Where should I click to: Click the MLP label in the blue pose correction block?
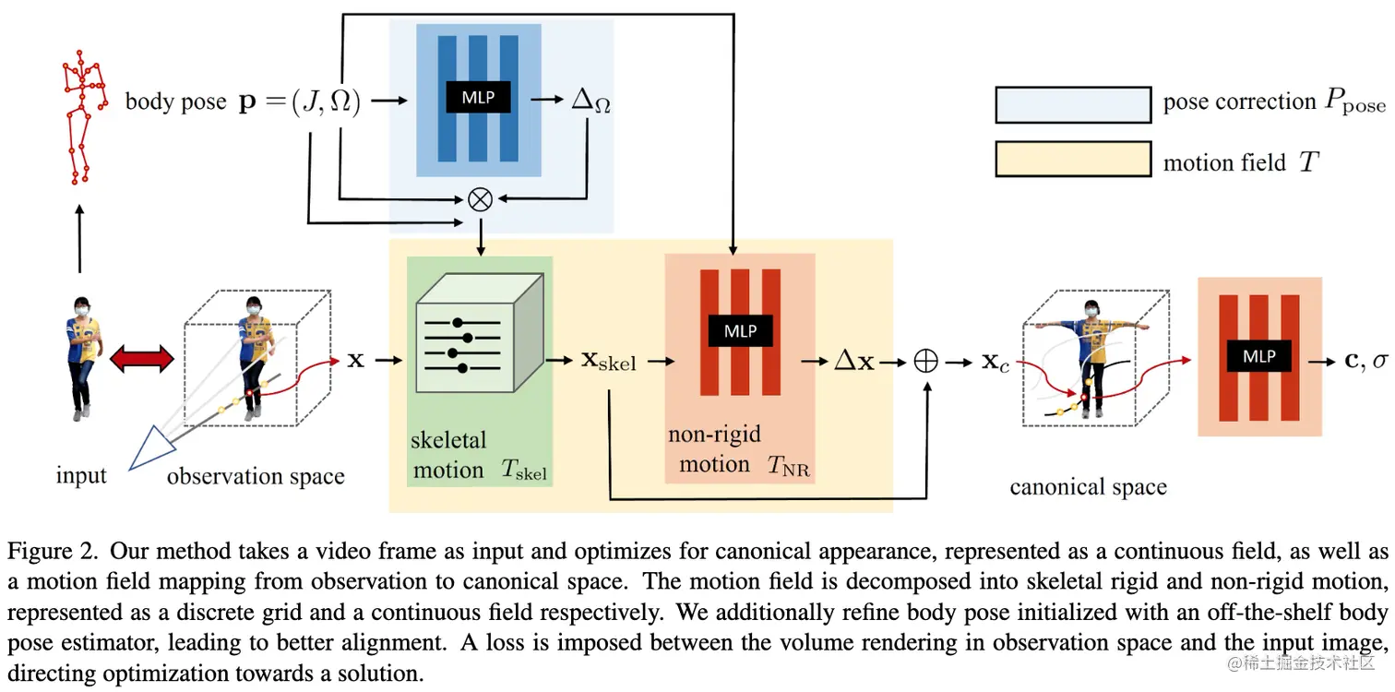click(478, 99)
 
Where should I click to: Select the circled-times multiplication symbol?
click(480, 200)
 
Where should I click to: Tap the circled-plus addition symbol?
click(925, 361)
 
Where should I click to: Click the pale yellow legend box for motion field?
click(1072, 159)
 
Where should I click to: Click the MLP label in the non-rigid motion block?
click(740, 331)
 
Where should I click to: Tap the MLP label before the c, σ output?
click(1258, 356)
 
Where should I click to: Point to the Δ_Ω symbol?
click(591, 102)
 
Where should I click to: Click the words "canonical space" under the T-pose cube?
click(1088, 487)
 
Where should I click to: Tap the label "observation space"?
click(256, 476)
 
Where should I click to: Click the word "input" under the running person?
click(81, 476)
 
